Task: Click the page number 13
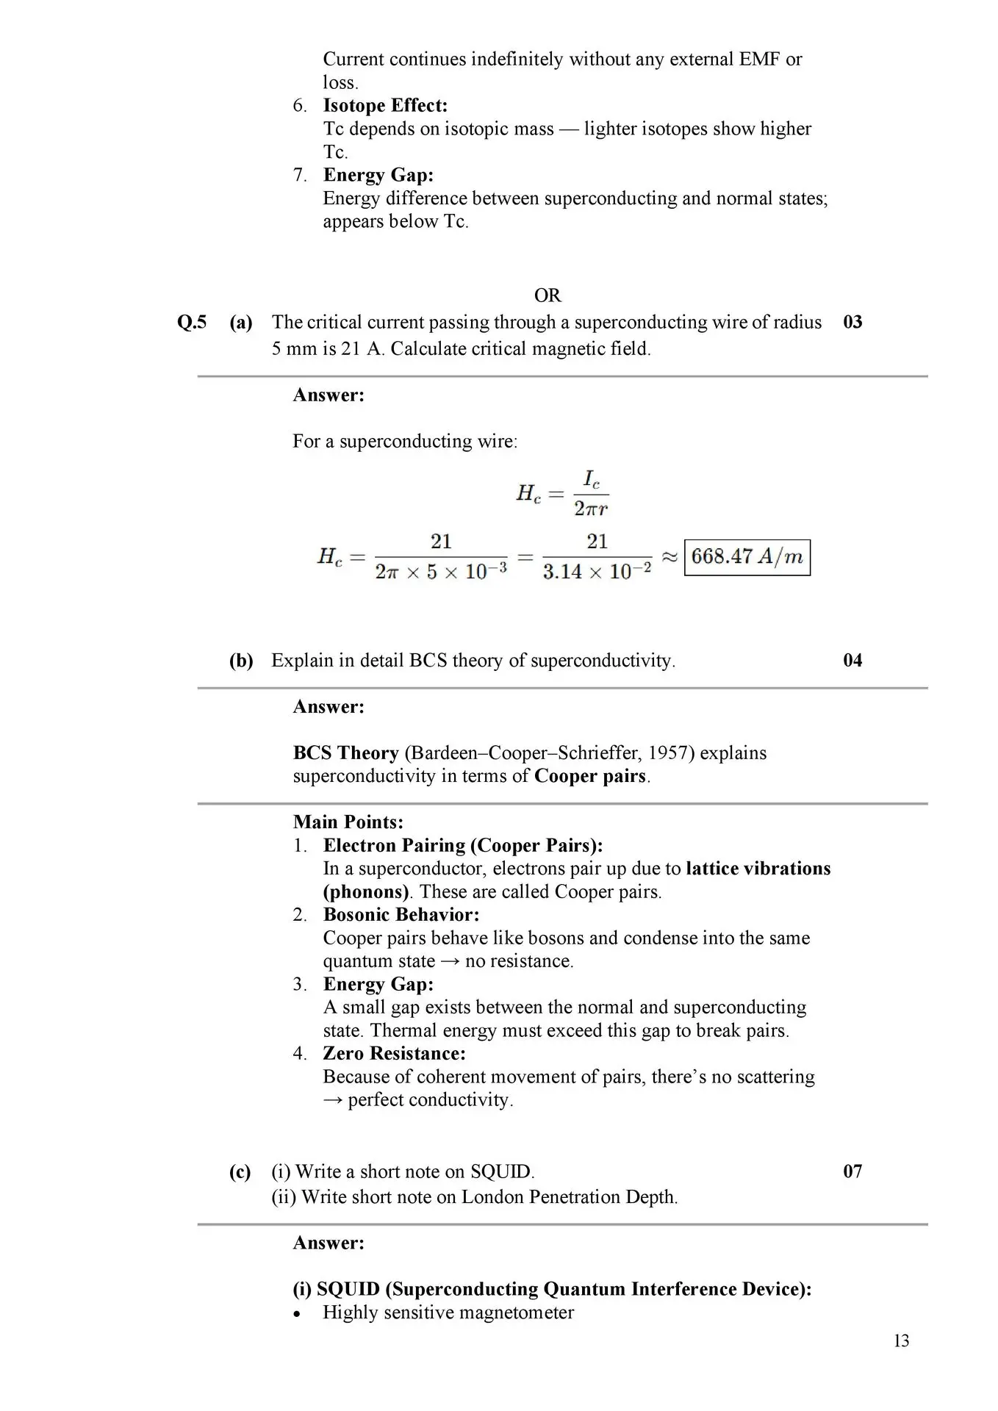901,1341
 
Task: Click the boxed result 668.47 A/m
747,557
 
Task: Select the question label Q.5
192,323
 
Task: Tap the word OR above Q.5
548,295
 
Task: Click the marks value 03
852,323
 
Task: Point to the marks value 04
852,661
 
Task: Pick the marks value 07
852,1171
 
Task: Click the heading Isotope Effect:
385,106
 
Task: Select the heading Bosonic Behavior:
401,915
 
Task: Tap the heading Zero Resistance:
394,1054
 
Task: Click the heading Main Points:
348,822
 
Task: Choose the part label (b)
241,661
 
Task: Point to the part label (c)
240,1172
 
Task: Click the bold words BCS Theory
345,753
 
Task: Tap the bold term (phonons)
366,892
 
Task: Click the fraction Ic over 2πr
591,493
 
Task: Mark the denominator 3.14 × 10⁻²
597,572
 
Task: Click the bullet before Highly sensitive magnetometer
297,1314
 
